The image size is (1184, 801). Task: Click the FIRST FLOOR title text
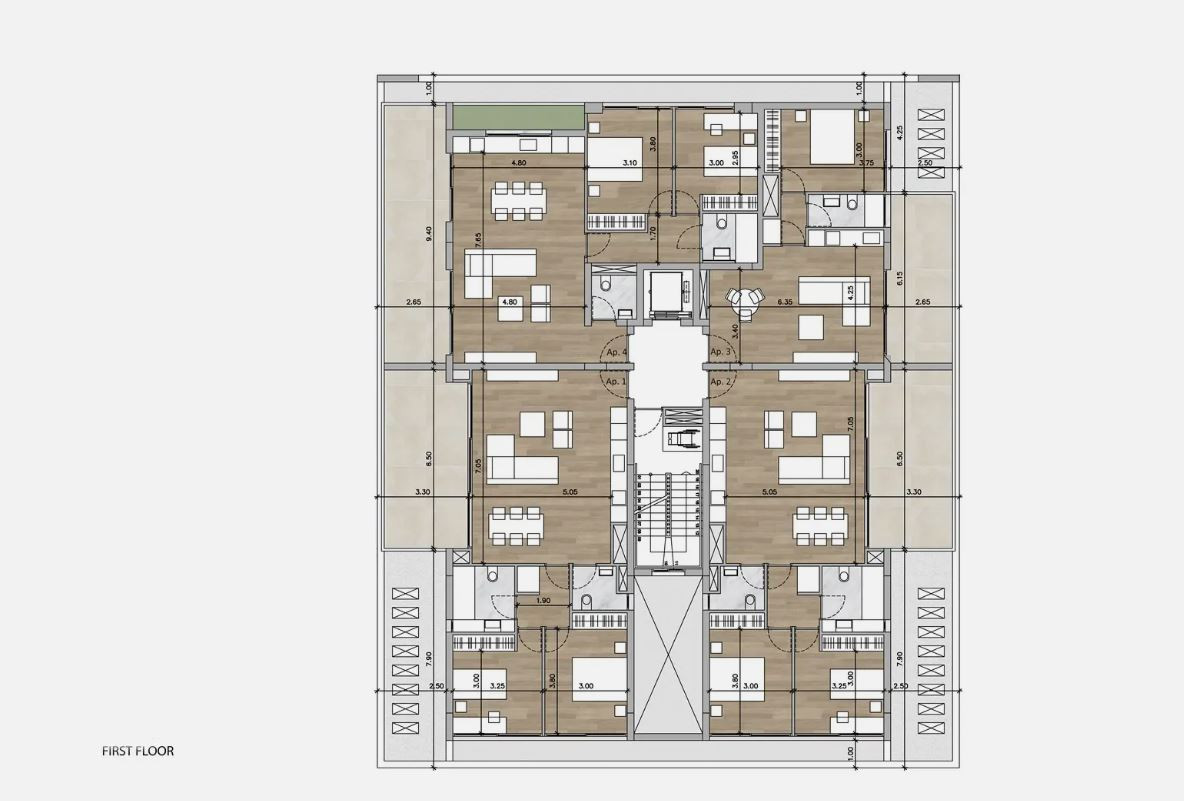[138, 750]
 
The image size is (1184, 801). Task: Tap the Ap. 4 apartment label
[615, 353]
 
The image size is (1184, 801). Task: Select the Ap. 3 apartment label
[721, 353]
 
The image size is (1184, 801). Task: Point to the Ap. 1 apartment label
[615, 382]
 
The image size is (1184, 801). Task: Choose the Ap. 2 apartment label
[721, 382]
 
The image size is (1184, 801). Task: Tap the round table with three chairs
[744, 298]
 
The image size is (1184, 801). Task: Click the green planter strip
[516, 118]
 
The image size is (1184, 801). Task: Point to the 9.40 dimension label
[429, 233]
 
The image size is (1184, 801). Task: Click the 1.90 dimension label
[543, 601]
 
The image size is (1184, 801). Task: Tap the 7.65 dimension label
[479, 240]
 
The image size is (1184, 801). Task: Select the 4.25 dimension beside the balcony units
[900, 130]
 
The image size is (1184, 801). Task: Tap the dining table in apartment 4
[518, 199]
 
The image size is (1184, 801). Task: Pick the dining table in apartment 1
[516, 526]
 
